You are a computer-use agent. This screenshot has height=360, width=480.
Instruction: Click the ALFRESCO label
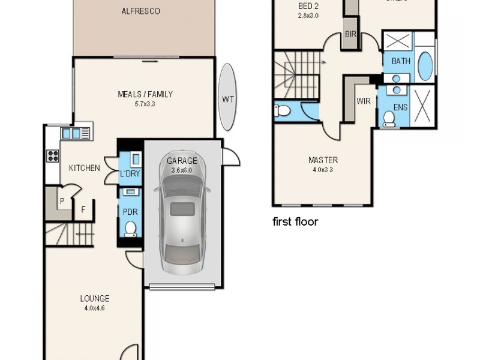140,11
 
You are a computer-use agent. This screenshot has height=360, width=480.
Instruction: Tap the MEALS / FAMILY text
145,94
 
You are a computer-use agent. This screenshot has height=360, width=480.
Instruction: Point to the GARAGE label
182,161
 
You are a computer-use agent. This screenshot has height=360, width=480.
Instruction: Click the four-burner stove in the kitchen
53,155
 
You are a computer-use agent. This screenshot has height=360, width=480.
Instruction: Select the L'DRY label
130,174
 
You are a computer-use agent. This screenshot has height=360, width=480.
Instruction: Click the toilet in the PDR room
130,229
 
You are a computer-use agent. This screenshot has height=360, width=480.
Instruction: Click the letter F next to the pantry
83,210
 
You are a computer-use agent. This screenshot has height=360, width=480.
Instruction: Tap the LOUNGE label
95,298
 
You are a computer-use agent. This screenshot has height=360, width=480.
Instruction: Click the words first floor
295,222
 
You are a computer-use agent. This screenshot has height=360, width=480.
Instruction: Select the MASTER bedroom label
323,160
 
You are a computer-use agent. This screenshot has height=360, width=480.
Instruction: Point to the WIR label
364,101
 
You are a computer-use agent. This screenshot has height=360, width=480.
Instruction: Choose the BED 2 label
308,7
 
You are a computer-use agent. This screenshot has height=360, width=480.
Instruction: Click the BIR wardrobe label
350,35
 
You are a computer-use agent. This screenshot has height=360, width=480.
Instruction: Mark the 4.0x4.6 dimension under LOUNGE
95,308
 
